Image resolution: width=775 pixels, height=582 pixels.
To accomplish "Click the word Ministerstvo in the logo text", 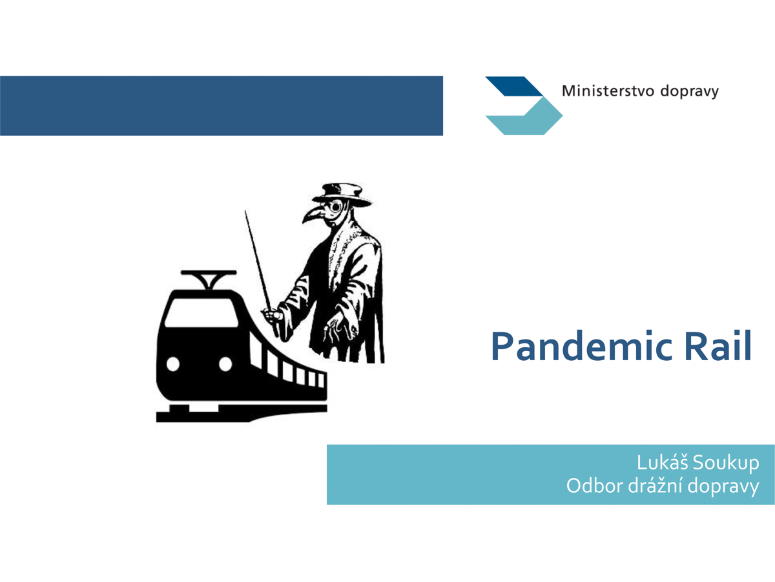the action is click(x=608, y=91).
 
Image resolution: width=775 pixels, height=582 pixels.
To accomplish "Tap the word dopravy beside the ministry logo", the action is click(x=690, y=92).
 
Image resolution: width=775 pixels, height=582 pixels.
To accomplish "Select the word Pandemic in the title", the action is click(x=581, y=347).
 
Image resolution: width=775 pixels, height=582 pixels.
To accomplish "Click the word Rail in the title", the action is click(x=718, y=347).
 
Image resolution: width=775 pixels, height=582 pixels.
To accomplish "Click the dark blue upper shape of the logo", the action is click(x=513, y=86).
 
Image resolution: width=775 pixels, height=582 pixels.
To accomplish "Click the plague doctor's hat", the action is click(x=342, y=195).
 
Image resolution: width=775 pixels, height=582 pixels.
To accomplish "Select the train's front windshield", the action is click(x=201, y=312).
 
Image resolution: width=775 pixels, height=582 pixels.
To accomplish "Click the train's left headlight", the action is click(x=173, y=363).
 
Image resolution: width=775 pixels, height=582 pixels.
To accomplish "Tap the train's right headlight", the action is click(x=225, y=363).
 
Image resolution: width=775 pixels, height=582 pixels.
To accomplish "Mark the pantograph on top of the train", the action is click(x=209, y=279).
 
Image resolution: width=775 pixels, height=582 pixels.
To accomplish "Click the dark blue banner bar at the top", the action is click(x=222, y=105).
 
